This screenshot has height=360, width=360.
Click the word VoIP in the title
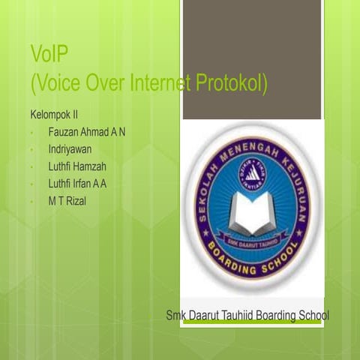click(x=50, y=55)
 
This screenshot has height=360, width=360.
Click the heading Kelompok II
click(x=54, y=116)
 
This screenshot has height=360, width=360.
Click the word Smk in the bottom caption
click(x=176, y=315)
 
